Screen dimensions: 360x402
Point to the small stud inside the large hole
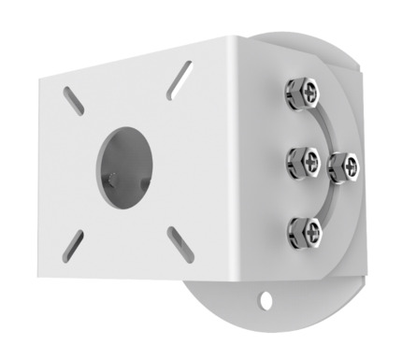pyautogui.click(x=112, y=177)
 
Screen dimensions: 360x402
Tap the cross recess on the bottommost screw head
pyautogui.click(x=308, y=227)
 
